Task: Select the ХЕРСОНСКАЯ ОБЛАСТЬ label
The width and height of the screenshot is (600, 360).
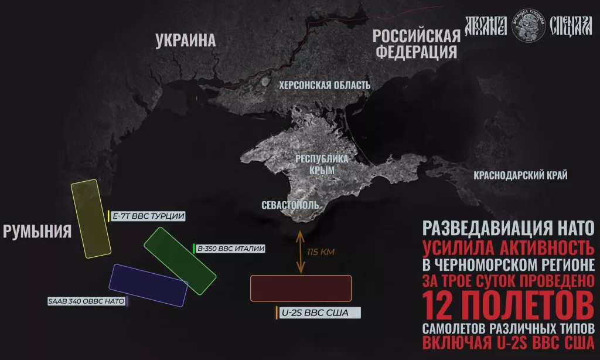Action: (325, 86)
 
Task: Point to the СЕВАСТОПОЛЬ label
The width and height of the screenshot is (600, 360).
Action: (291, 205)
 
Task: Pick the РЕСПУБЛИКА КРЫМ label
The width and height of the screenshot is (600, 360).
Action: (321, 164)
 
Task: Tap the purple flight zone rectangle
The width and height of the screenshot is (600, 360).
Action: (148, 286)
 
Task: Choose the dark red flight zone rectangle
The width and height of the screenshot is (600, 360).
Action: (301, 288)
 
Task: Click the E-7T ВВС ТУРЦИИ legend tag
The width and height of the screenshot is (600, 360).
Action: (148, 216)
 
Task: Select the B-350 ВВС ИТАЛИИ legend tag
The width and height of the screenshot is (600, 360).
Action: (230, 249)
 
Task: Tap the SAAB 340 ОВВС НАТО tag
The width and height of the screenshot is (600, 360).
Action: (87, 302)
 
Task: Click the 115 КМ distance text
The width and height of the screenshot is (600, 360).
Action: (320, 253)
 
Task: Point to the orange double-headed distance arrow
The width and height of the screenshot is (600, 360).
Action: (301, 252)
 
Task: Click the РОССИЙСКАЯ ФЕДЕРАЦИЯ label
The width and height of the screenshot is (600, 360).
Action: (416, 43)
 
